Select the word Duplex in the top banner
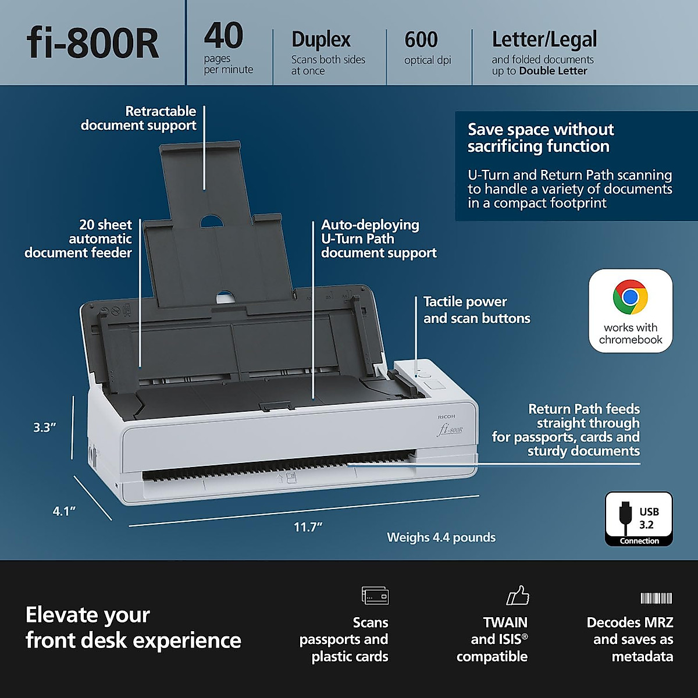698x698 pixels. tap(321, 40)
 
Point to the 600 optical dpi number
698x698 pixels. tap(421, 40)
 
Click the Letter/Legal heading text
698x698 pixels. tap(544, 40)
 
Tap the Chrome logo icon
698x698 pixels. tap(630, 297)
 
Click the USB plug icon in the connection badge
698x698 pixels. tap(625, 518)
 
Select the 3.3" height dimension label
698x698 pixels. tap(44, 428)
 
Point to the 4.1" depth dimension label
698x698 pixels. tap(64, 511)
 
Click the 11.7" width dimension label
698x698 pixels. tap(308, 527)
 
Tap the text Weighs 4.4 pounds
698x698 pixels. tap(441, 537)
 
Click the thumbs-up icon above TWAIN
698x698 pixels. tap(518, 596)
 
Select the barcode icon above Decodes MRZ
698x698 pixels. tap(656, 598)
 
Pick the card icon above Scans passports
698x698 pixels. tap(375, 596)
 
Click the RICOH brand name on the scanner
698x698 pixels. tap(447, 416)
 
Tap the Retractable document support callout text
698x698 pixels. tap(139, 118)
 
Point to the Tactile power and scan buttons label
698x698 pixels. tap(476, 310)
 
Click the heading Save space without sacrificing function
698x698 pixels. tap(540, 138)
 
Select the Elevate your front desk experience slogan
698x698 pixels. tap(133, 628)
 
